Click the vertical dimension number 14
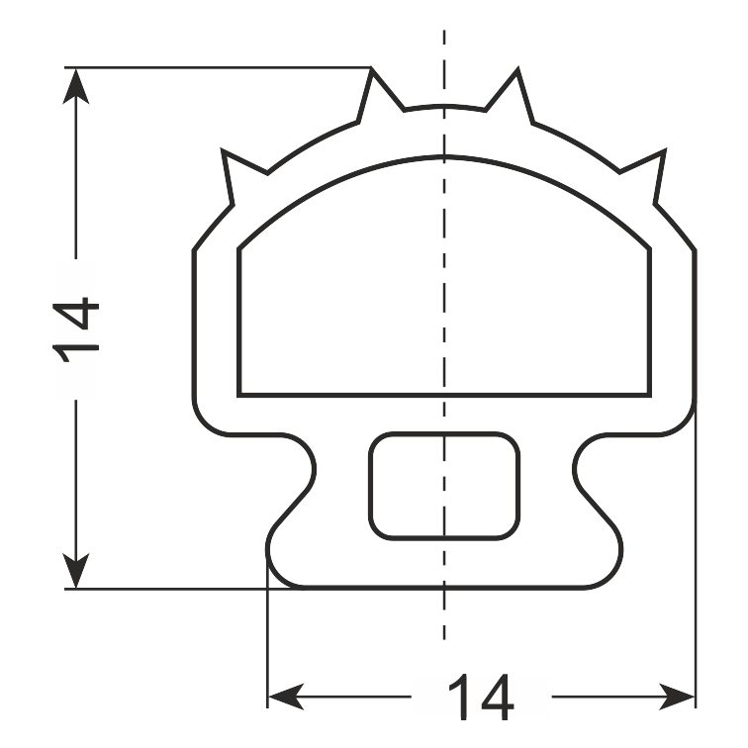click(x=76, y=330)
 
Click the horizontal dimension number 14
click(x=481, y=697)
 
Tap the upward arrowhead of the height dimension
click(x=76, y=86)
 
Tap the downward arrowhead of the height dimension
click(x=76, y=571)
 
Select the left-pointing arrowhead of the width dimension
click(x=286, y=697)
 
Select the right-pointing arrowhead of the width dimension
click(x=678, y=697)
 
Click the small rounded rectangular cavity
click(x=444, y=486)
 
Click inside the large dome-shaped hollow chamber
click(x=444, y=286)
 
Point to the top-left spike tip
click(x=371, y=68)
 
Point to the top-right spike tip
click(x=517, y=69)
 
